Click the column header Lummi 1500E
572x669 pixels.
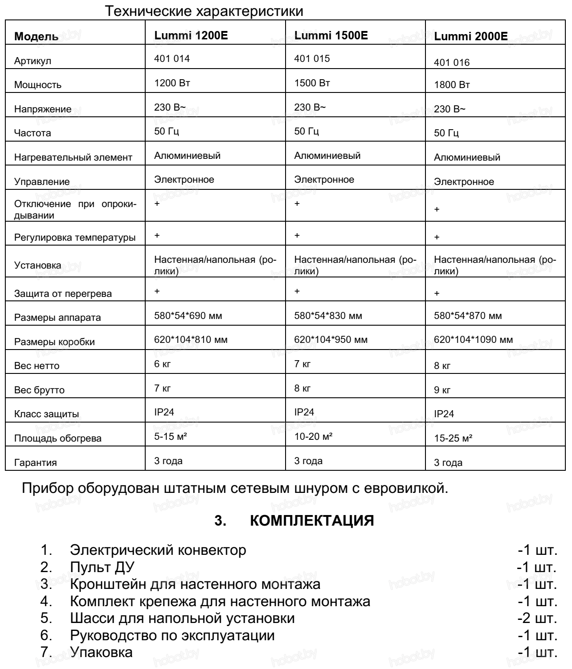331,35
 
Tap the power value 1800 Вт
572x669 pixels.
452,85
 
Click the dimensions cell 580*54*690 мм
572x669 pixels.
188,316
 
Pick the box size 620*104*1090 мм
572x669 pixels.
473,340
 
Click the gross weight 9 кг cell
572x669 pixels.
442,390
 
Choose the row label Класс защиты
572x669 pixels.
46,414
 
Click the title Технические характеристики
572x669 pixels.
205,11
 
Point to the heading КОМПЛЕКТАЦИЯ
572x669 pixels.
312,521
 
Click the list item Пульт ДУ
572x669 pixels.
102,567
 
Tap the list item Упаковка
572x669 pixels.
101,652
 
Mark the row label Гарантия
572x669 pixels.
35,463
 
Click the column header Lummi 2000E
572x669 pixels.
471,37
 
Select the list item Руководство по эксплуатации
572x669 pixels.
172,635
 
